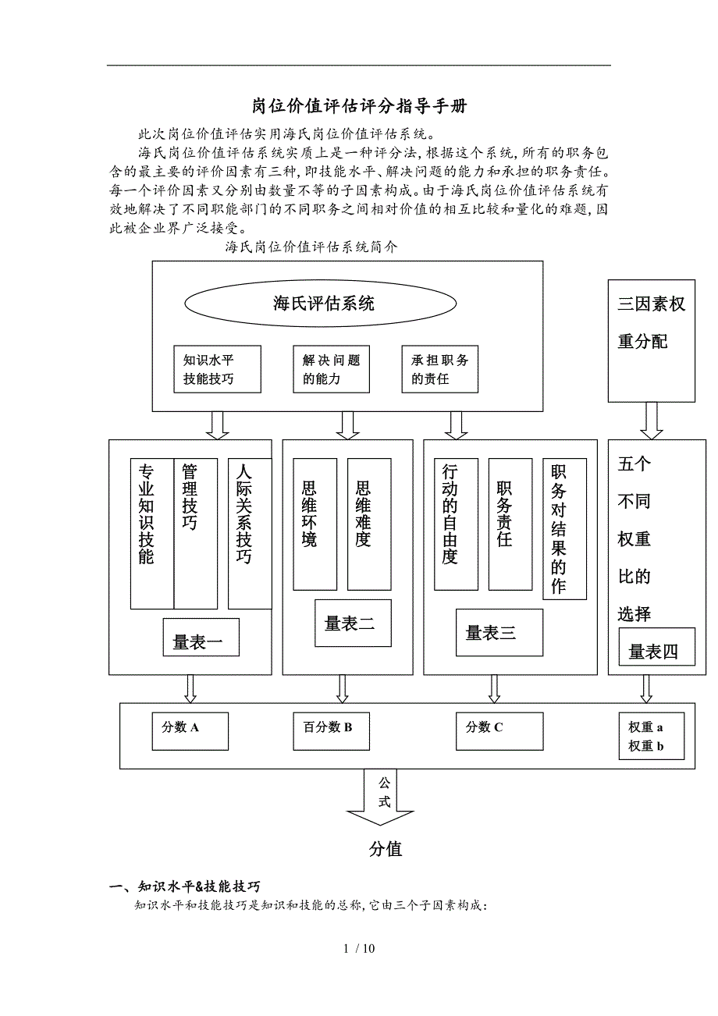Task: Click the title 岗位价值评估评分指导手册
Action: coord(359,105)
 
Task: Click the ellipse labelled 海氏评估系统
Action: coord(323,304)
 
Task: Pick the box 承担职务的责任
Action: coord(440,369)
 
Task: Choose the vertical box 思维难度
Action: coord(368,524)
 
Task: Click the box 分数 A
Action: coord(190,730)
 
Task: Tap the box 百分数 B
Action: coord(331,730)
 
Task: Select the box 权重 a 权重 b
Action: coord(650,737)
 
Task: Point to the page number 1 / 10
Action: coord(359,948)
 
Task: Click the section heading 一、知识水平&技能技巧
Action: coord(185,886)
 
